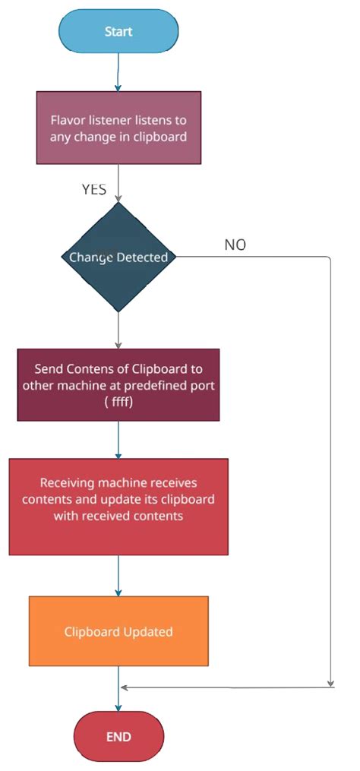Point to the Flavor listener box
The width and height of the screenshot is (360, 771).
(x=118, y=128)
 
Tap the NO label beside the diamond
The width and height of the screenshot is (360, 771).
(x=235, y=245)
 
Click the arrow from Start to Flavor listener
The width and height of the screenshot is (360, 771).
(x=118, y=73)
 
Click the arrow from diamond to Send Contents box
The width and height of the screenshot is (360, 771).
(x=118, y=330)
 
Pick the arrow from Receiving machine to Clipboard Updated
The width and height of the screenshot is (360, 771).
(x=118, y=575)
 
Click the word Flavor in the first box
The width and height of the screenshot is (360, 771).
(x=68, y=121)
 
